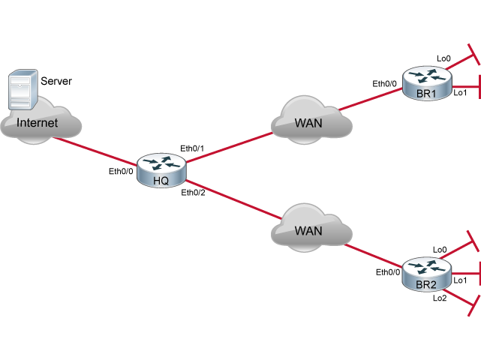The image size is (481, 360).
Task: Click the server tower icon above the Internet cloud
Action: pyautogui.click(x=22, y=89)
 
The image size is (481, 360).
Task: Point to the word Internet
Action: pyautogui.click(x=38, y=123)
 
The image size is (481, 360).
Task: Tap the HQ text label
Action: pyautogui.click(x=161, y=180)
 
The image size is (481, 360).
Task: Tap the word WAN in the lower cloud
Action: pyautogui.click(x=308, y=231)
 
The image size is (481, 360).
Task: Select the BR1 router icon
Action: pyautogui.click(x=426, y=82)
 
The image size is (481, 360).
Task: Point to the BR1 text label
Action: pyautogui.click(x=425, y=94)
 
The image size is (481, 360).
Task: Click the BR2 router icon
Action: pyautogui.click(x=426, y=273)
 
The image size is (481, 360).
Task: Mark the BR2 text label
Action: pyautogui.click(x=425, y=285)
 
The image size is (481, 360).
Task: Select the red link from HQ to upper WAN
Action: pyautogui.click(x=229, y=147)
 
